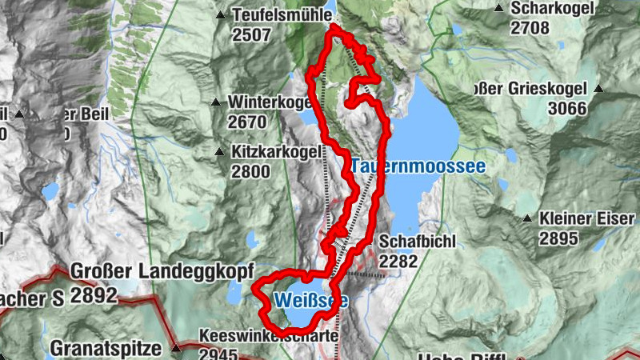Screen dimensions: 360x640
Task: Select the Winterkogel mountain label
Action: [x=269, y=102]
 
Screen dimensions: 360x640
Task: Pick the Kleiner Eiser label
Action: [x=588, y=218]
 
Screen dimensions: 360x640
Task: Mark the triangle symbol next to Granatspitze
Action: [x=175, y=348]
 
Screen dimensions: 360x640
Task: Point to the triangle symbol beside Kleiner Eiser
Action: [x=527, y=218]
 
